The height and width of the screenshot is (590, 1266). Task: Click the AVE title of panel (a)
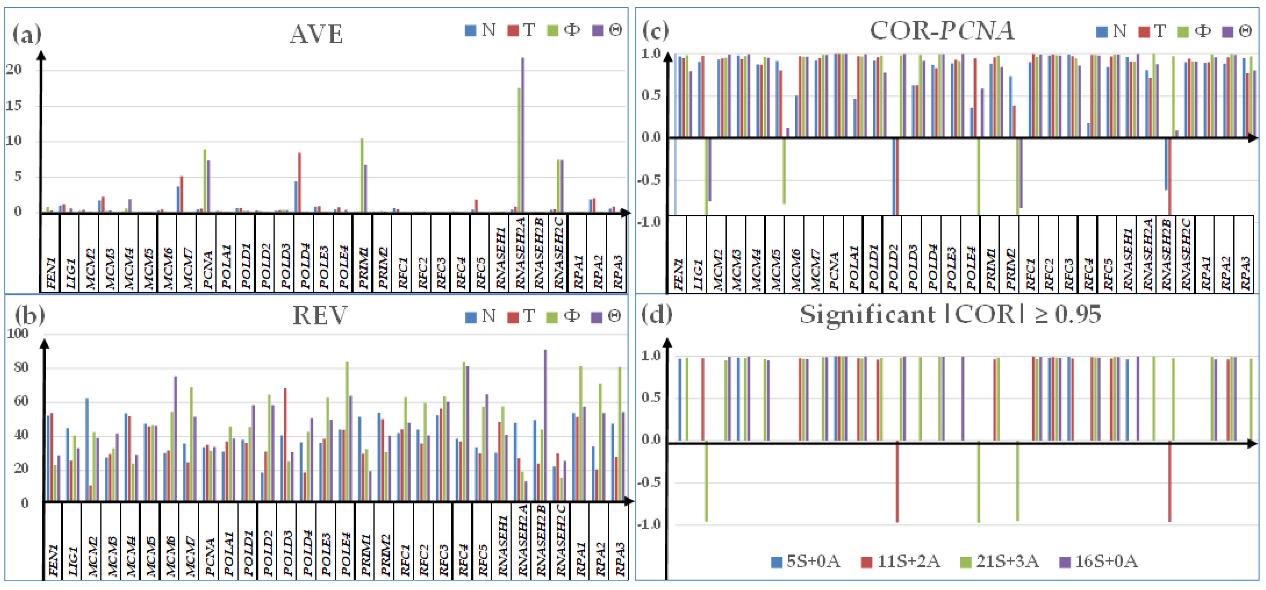[x=316, y=34]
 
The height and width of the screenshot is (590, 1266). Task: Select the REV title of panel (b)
[x=320, y=315]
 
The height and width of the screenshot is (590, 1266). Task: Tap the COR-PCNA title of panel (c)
[x=942, y=31]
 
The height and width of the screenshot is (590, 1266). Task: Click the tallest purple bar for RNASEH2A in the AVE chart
[x=523, y=135]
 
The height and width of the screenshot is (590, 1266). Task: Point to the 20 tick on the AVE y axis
[x=14, y=70]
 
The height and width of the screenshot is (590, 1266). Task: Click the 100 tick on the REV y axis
[x=18, y=333]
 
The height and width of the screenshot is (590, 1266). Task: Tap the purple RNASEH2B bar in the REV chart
[x=545, y=425]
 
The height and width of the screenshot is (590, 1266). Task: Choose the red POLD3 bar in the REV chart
[x=285, y=445]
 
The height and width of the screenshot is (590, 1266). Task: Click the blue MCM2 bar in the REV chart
[x=87, y=450]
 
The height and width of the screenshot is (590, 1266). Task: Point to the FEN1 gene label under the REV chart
[x=53, y=560]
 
